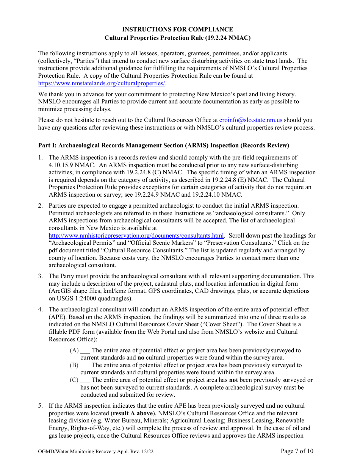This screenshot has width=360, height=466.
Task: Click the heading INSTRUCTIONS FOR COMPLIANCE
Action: (177, 30)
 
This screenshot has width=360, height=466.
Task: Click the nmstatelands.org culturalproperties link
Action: (102, 83)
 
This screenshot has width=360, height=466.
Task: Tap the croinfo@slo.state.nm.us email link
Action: (251, 120)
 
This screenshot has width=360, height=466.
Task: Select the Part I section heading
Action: (164, 145)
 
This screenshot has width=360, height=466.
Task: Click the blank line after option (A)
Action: (85, 351)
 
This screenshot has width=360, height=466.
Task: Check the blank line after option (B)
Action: (85, 366)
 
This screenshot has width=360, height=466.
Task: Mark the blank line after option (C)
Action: (85, 380)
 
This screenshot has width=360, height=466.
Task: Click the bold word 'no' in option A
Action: (141, 358)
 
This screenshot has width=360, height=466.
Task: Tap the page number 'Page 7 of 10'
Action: (297, 451)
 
